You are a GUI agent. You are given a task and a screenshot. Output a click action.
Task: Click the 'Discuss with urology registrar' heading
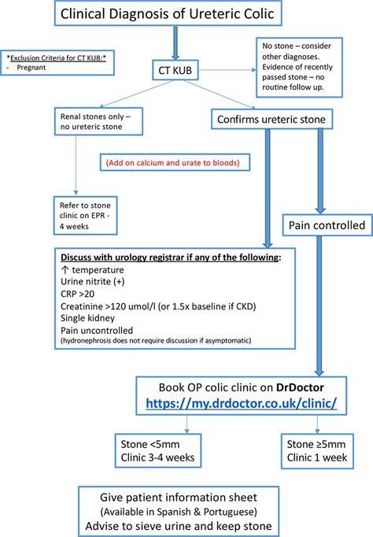click(x=164, y=257)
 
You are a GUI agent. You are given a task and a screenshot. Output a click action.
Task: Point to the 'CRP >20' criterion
click(x=78, y=294)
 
